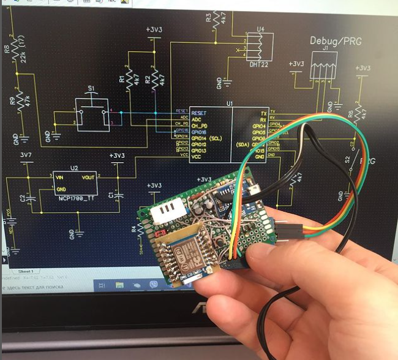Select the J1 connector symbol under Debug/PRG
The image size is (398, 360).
coord(323,66)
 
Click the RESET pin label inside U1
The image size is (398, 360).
coord(200,113)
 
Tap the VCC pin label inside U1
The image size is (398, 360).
coord(197,157)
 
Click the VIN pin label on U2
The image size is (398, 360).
coord(60,176)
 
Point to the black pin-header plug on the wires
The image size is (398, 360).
coord(288,230)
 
